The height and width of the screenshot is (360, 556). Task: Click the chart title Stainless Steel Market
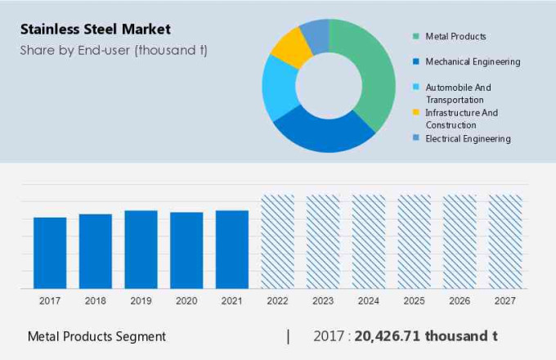point(96,29)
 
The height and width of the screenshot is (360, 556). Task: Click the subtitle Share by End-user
point(114,50)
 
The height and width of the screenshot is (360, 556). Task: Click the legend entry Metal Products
point(455,36)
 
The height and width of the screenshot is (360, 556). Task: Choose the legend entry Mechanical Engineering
point(473,61)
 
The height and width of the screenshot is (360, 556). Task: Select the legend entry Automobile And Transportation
point(458,93)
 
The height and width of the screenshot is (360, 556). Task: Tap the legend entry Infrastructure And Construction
point(461,119)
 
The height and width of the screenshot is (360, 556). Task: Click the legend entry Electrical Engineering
point(468,138)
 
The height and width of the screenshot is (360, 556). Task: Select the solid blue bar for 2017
point(50,253)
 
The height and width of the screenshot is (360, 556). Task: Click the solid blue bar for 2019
point(141,250)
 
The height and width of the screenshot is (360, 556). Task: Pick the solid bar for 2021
point(232,250)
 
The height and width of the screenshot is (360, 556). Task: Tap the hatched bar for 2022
point(277,241)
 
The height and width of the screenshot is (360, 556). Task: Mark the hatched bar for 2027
point(505,241)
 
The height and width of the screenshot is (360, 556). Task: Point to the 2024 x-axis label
point(369,301)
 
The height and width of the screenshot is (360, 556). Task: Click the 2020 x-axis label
point(186,301)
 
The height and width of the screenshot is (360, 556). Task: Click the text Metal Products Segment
point(96,336)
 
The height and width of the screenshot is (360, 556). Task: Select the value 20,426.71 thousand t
point(426,336)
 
